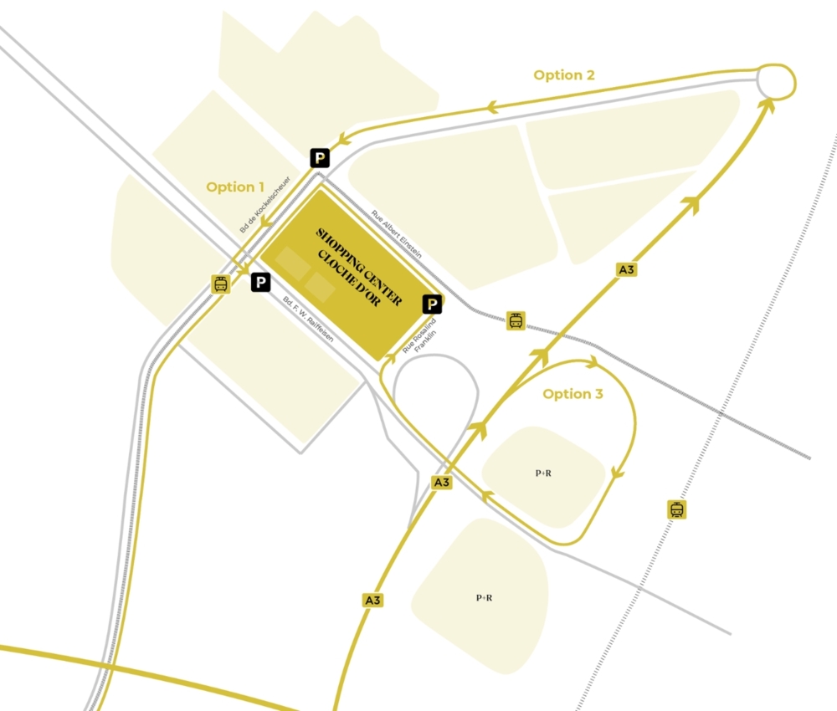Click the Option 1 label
[235, 187]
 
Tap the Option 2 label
[564, 75]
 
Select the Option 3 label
[573, 394]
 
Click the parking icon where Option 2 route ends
[320, 157]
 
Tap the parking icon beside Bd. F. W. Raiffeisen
[261, 283]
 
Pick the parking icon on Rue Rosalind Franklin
[433, 304]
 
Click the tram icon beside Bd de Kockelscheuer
[220, 284]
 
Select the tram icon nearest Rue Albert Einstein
[516, 320]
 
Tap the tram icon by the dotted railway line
[677, 509]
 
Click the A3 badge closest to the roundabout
[626, 269]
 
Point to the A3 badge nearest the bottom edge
[373, 600]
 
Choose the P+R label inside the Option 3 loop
[543, 473]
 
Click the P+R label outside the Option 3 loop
[484, 597]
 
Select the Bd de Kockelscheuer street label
[264, 204]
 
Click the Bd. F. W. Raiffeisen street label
[308, 320]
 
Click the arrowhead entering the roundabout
[768, 104]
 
